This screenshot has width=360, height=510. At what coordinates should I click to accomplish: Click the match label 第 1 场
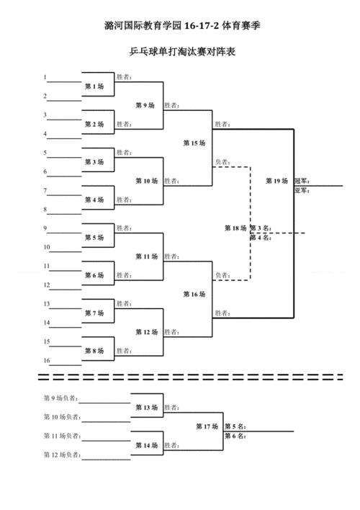[x=94, y=86]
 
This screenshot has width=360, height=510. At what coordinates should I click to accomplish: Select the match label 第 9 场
[x=145, y=105]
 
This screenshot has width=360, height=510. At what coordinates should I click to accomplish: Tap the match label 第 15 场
[x=194, y=143]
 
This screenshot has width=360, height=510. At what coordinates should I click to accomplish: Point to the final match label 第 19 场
[x=276, y=181]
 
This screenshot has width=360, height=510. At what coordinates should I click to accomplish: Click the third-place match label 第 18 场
[x=235, y=228]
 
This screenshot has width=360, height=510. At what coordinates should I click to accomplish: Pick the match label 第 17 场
[x=207, y=426]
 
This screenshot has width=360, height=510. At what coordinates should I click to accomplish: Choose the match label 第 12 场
[x=147, y=332]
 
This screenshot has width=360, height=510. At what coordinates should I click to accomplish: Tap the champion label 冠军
[x=302, y=182]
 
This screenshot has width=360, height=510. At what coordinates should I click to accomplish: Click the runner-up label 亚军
[x=302, y=191]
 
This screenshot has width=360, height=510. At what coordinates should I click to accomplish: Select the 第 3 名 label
[x=261, y=228]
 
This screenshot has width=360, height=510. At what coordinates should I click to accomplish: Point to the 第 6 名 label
[x=235, y=436]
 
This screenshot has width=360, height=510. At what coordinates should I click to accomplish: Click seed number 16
[x=47, y=360]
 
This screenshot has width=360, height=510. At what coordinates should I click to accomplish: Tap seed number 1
[x=45, y=77]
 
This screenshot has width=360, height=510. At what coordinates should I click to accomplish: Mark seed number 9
[x=45, y=228]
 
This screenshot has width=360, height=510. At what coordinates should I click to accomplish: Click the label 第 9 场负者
[x=60, y=398]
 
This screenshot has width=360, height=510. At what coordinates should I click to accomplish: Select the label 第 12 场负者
[x=62, y=455]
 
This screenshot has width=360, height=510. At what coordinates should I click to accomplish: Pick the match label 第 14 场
[x=147, y=445]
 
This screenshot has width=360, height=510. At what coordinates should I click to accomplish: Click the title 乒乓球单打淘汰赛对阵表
[x=182, y=51]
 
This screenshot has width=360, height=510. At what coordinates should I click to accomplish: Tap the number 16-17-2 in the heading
[x=202, y=26]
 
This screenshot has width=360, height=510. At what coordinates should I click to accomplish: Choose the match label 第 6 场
[x=94, y=275]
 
